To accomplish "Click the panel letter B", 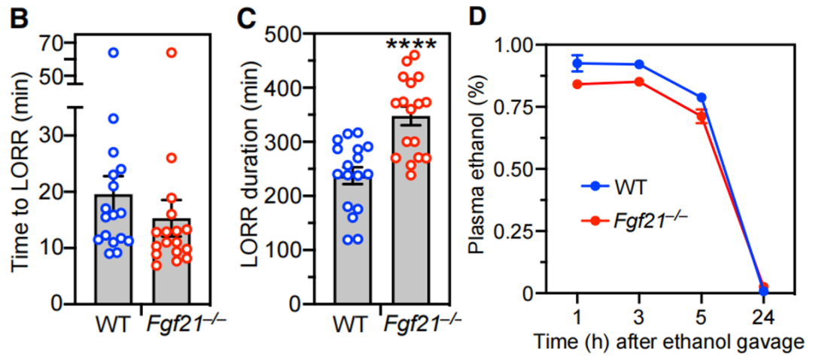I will [x=20, y=17].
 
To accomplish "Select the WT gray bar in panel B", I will [x=114, y=249].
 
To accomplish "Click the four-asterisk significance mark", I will [x=411, y=45].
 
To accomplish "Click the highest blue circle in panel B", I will [x=114, y=52].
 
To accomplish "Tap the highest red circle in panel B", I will [x=172, y=52].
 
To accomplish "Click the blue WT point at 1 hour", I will [x=577, y=63].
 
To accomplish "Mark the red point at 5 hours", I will [x=701, y=116].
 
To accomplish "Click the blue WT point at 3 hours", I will [x=639, y=65].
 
